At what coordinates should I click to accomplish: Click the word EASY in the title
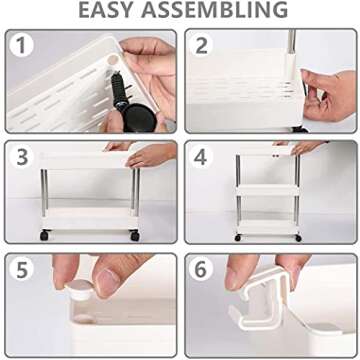coord(106,10)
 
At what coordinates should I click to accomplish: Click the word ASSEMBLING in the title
coord(214,10)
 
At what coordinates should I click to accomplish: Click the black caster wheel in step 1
coord(139,117)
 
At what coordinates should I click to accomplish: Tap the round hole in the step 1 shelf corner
coord(113,60)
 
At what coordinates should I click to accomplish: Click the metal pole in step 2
coord(292,42)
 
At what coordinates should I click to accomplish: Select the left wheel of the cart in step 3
coord(45,235)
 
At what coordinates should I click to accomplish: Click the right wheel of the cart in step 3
coord(135,236)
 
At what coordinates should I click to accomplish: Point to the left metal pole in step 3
coord(44,193)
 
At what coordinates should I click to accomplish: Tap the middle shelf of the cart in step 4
coord(268,190)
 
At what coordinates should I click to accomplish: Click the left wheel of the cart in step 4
coord(238,238)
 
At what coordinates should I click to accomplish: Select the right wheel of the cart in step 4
coord(298,238)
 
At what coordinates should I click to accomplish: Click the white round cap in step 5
coord(80,289)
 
